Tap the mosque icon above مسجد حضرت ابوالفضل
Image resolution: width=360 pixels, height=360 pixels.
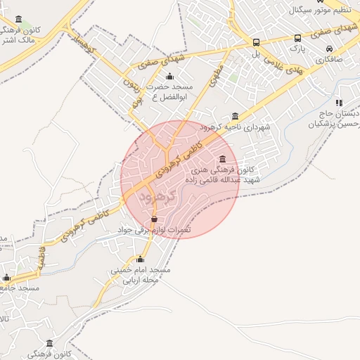coord(169,77)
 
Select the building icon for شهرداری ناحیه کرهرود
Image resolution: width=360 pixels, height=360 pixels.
coord(235,116)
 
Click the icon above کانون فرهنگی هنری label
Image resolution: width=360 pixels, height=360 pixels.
coord(223,158)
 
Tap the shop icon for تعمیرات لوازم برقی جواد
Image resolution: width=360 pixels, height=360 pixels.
coord(154,219)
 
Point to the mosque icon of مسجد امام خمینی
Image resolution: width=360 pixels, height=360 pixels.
coord(140,259)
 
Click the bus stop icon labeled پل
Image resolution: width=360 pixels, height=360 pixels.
coord(256,42)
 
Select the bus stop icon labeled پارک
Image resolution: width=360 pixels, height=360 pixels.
coord(298,38)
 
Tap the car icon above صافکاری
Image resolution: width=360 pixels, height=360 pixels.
coord(330,49)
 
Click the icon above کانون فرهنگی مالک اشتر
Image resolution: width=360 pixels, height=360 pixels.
coord(18,19)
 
